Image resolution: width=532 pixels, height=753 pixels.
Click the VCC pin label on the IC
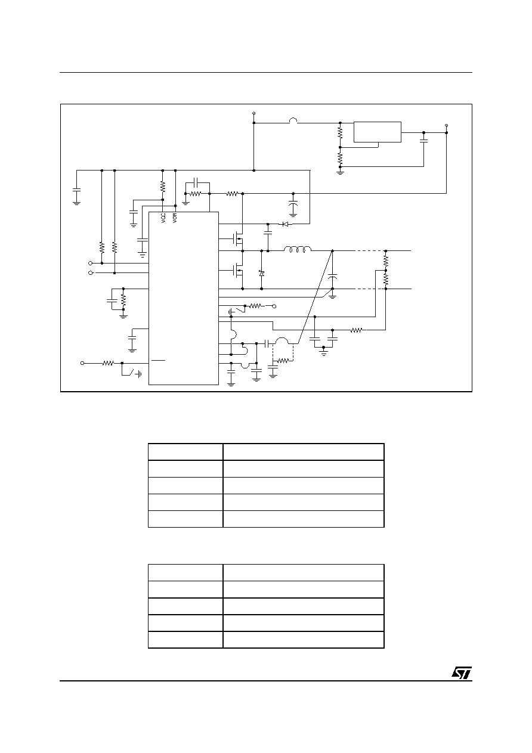pyautogui.click(x=163, y=218)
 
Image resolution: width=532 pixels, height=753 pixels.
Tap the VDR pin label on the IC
pyautogui.click(x=175, y=218)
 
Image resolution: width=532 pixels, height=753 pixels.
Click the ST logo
pyautogui.click(x=462, y=673)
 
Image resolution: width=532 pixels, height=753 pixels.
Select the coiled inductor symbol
pyautogui.click(x=298, y=249)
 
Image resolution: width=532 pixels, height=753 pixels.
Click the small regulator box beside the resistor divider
pyautogui.click(x=378, y=132)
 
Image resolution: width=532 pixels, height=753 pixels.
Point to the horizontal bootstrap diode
pyautogui.click(x=285, y=224)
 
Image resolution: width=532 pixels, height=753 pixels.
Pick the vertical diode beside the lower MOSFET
pyautogui.click(x=262, y=273)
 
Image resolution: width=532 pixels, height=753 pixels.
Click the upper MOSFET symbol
pyautogui.click(x=238, y=239)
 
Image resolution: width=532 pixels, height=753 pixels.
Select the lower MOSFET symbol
pyautogui.click(x=238, y=270)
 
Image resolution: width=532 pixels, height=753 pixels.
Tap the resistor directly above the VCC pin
pyautogui.click(x=163, y=186)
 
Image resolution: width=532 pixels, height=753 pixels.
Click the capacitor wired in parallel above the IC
pyautogui.click(x=197, y=183)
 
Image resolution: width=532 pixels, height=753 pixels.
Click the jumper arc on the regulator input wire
pyautogui.click(x=293, y=120)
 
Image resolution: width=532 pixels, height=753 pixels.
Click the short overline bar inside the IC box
pyautogui.click(x=158, y=360)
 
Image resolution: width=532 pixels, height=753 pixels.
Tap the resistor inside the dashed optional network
pyautogui.click(x=283, y=361)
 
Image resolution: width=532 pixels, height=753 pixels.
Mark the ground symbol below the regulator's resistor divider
pyautogui.click(x=340, y=172)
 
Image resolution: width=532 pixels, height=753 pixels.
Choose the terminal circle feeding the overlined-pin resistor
pyautogui.click(x=82, y=363)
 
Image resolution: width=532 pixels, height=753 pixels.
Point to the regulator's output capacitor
pyautogui.click(x=423, y=141)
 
